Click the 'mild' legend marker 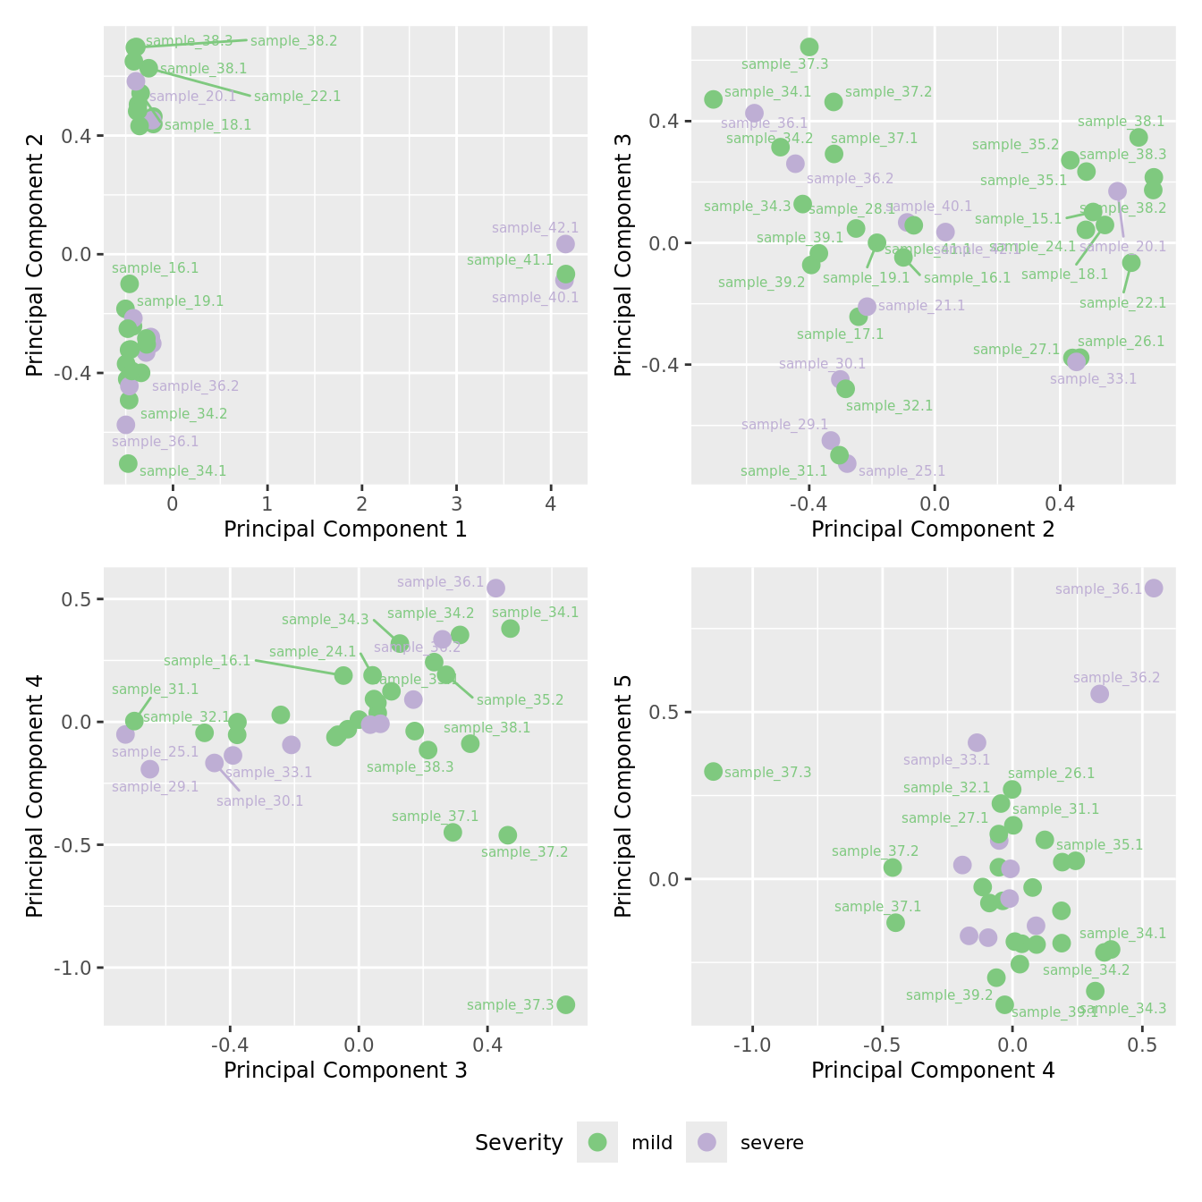[x=597, y=1142]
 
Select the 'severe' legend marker [x=707, y=1142]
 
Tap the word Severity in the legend [x=519, y=1143]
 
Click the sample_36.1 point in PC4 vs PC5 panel [x=1154, y=588]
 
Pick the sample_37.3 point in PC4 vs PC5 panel [x=713, y=771]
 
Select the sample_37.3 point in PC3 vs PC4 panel [x=565, y=1004]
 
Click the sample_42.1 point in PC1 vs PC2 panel [x=565, y=244]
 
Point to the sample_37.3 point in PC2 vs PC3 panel [x=809, y=47]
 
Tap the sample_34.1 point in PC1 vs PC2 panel [x=128, y=463]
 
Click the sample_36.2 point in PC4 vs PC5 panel [x=1099, y=694]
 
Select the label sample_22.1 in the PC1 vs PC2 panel [x=297, y=97]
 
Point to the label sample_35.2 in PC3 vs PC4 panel [x=520, y=700]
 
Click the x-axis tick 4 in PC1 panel [x=551, y=504]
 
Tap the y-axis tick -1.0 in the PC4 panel [x=79, y=968]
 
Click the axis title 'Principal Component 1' [x=345, y=529]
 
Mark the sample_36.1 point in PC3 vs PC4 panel [x=495, y=588]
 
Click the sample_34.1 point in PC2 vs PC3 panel [x=713, y=99]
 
